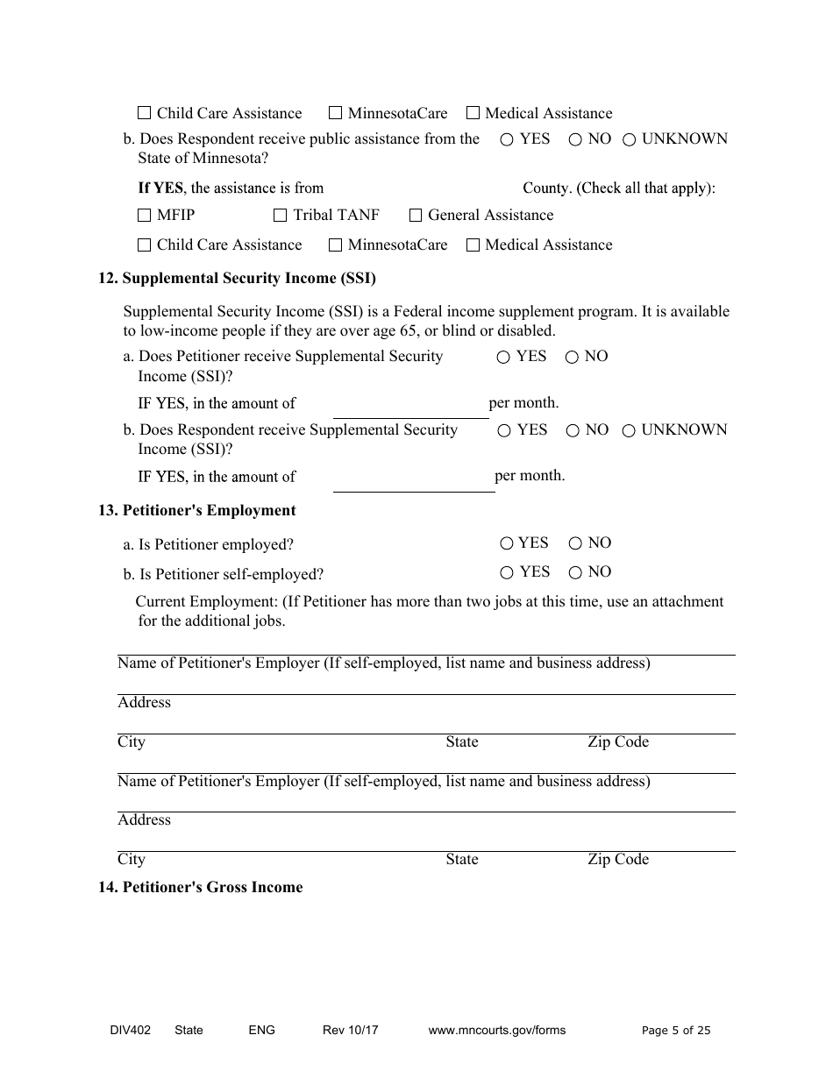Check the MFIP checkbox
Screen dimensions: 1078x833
coord(145,216)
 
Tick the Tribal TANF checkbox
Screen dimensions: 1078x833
coord(281,216)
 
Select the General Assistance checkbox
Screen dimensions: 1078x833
coord(416,216)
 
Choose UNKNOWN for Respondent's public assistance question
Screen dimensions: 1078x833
coord(630,139)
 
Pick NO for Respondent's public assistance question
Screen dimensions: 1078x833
coord(575,139)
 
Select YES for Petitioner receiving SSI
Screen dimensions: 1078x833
coord(503,358)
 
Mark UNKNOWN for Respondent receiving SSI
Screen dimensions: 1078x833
coord(629,431)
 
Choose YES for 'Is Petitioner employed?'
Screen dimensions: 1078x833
coord(507,543)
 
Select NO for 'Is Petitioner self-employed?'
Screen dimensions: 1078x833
coord(575,573)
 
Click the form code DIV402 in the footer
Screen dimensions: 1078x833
coord(125,1031)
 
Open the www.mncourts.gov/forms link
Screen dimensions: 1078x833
coord(497,1031)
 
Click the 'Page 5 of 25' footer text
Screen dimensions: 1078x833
coord(676,1031)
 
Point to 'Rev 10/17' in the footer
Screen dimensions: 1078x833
coord(351,1031)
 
